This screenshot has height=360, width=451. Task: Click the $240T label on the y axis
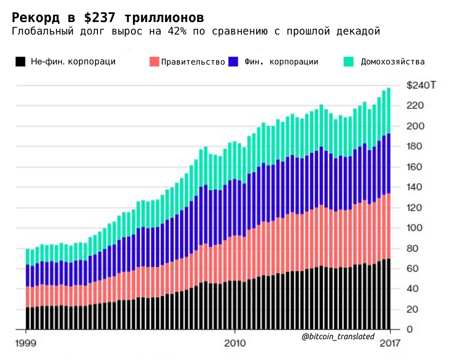(x=421, y=85)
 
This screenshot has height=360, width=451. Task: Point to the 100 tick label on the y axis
(x=415, y=228)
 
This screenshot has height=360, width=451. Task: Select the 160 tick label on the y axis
(x=415, y=167)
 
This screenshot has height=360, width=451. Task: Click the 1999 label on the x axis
(x=27, y=343)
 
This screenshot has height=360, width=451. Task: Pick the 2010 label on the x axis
(x=235, y=343)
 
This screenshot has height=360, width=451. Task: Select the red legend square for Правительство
(x=154, y=62)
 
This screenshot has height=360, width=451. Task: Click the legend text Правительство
(x=193, y=62)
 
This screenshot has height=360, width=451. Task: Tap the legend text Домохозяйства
(x=392, y=62)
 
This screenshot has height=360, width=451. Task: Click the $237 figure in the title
(x=102, y=17)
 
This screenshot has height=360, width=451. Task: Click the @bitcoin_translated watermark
(x=338, y=336)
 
